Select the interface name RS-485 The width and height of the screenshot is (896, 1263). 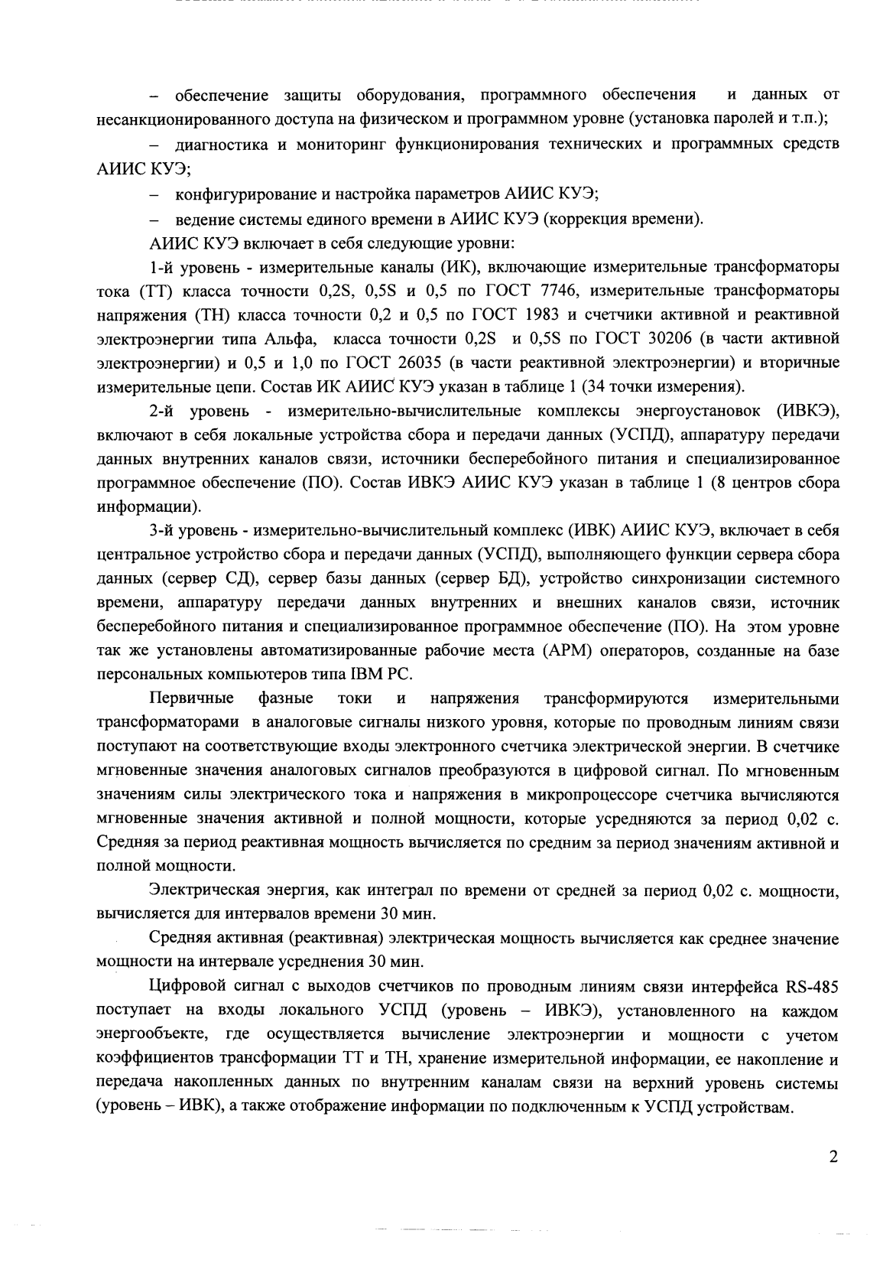click(813, 987)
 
